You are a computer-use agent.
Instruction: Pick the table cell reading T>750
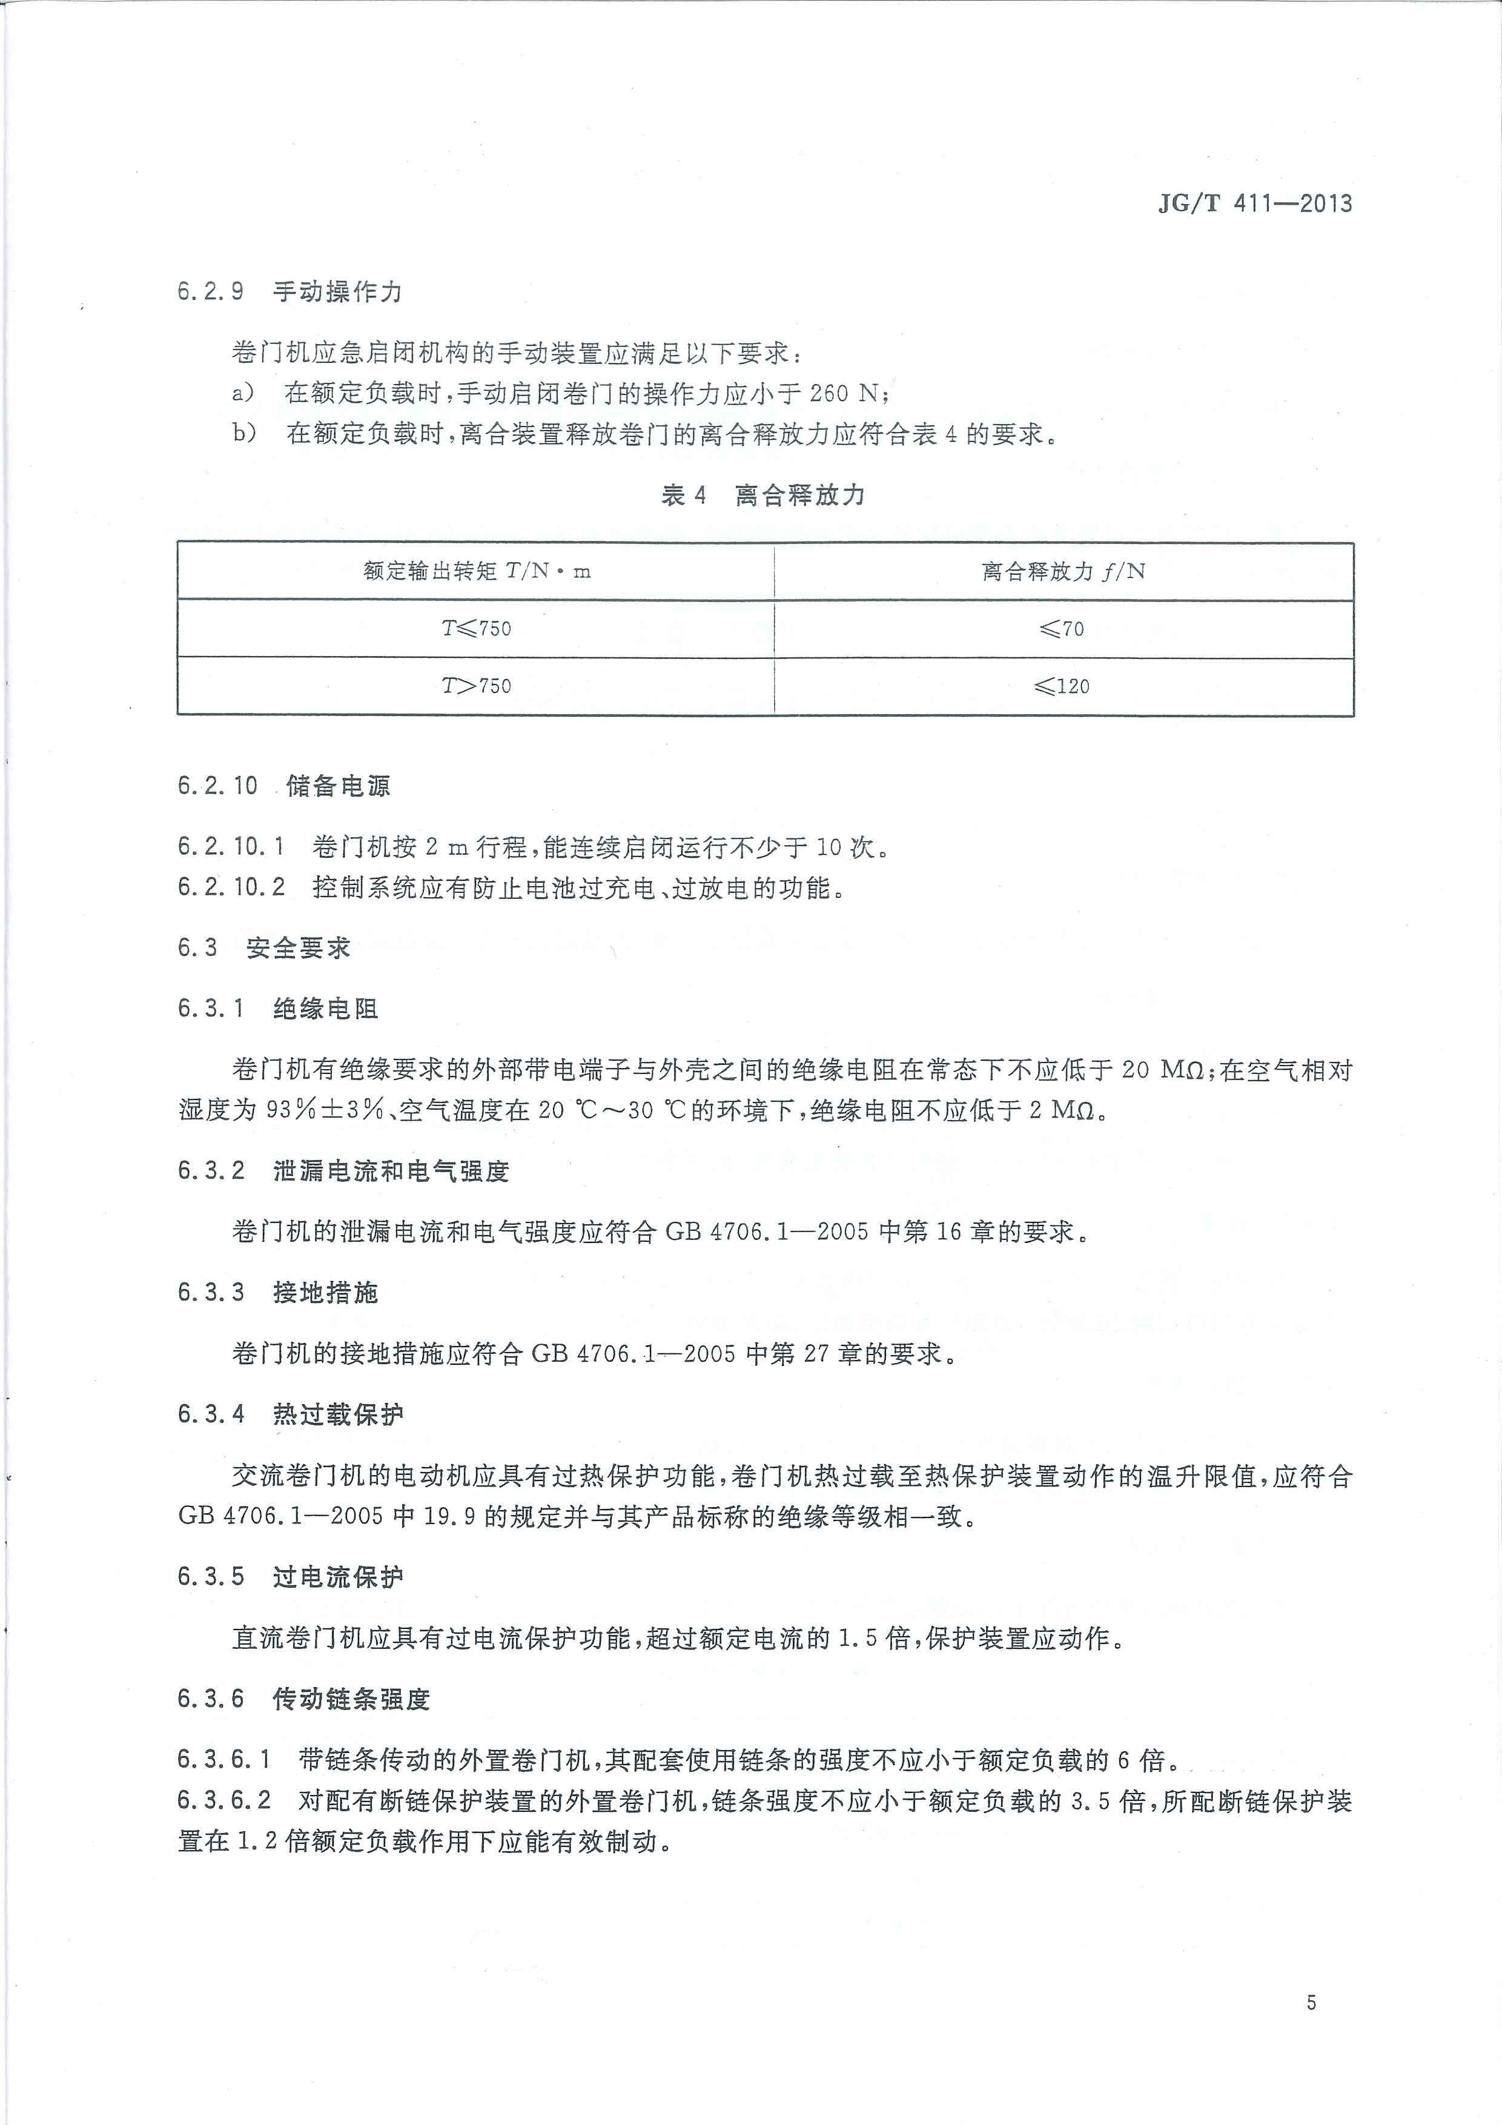point(475,686)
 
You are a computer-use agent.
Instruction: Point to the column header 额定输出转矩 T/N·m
point(475,572)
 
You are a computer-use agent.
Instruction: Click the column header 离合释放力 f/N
point(1062,572)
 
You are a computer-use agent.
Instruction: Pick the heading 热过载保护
point(338,1414)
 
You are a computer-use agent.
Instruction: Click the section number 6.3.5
point(211,1577)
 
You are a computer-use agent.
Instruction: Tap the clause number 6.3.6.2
point(224,1801)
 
